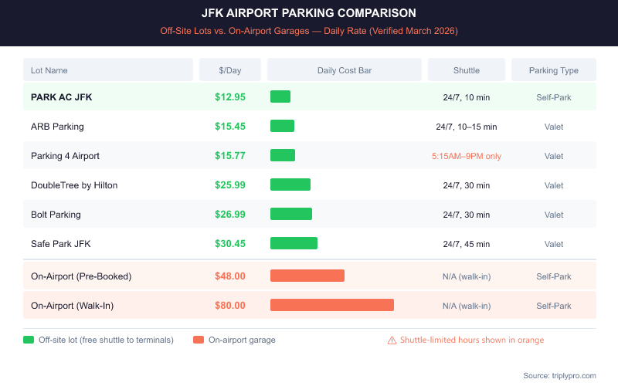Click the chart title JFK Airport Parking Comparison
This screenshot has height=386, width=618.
pyautogui.click(x=308, y=13)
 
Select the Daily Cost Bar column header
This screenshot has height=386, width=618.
pyautogui.click(x=345, y=70)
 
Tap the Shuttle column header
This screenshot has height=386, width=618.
pyautogui.click(x=466, y=70)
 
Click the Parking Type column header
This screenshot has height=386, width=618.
pyautogui.click(x=553, y=70)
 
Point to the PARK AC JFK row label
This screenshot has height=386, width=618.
pyautogui.click(x=62, y=97)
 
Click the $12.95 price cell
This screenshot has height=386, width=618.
pyautogui.click(x=230, y=97)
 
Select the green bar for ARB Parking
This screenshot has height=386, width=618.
pyautogui.click(x=282, y=126)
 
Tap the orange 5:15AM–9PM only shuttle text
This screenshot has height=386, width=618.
pyautogui.click(x=466, y=156)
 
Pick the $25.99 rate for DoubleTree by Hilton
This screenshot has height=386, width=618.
pyautogui.click(x=230, y=185)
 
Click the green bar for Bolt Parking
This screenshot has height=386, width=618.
pyautogui.click(x=291, y=214)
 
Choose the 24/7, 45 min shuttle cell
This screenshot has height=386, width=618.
pyautogui.click(x=466, y=244)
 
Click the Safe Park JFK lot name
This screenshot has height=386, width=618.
pyautogui.click(x=60, y=244)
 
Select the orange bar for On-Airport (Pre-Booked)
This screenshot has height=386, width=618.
pyautogui.click(x=307, y=276)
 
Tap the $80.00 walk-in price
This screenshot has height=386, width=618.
pyautogui.click(x=230, y=306)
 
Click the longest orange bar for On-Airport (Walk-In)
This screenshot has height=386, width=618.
pyautogui.click(x=332, y=305)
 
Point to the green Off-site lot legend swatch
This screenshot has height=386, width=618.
pyautogui.click(x=29, y=340)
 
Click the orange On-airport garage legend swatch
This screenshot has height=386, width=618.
pyautogui.click(x=199, y=340)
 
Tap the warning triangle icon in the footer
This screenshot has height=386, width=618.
pyautogui.click(x=392, y=340)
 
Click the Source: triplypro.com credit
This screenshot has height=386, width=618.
pyautogui.click(x=559, y=375)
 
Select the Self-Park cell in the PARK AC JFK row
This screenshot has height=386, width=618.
pyautogui.click(x=553, y=97)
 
